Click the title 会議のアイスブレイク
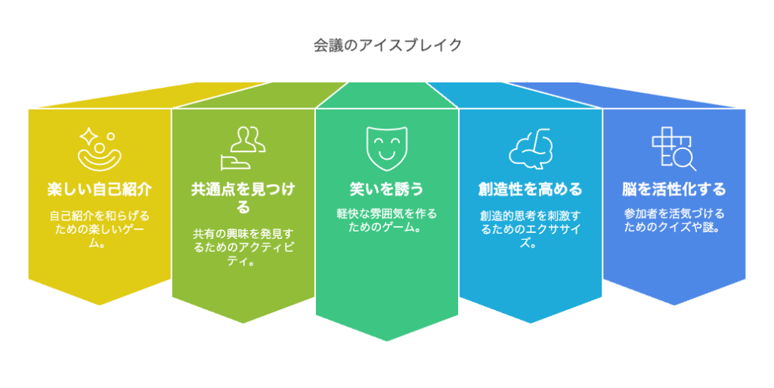pyautogui.click(x=387, y=45)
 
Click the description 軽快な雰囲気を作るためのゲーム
pyautogui.click(x=386, y=220)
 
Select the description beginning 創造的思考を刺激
pyautogui.click(x=530, y=228)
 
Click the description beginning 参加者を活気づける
pyautogui.click(x=673, y=220)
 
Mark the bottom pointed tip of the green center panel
pyautogui.click(x=386, y=340)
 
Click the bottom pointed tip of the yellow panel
pyautogui.click(x=99, y=304)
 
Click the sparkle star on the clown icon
pyautogui.click(x=88, y=135)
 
